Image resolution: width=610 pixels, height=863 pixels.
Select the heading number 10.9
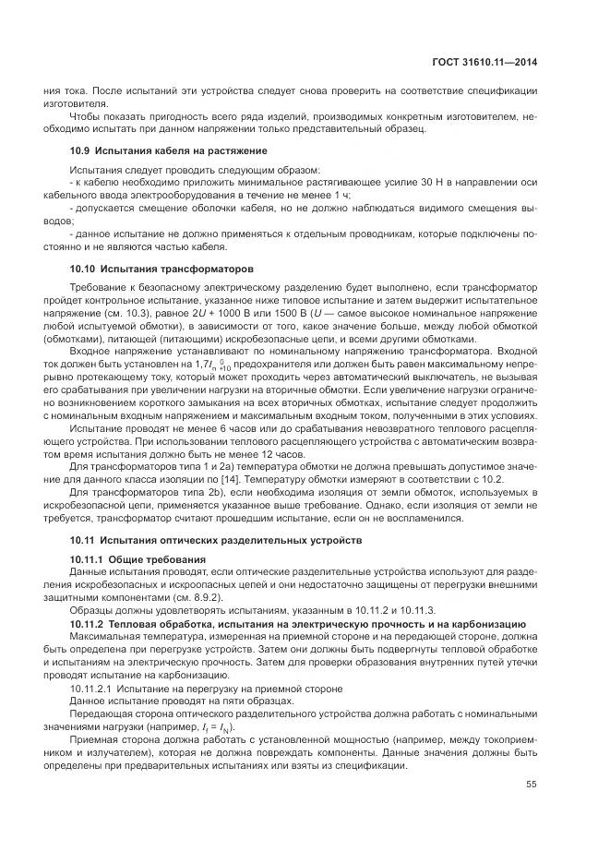pos(80,150)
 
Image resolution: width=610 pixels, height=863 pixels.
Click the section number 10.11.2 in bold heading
pos(88,625)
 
